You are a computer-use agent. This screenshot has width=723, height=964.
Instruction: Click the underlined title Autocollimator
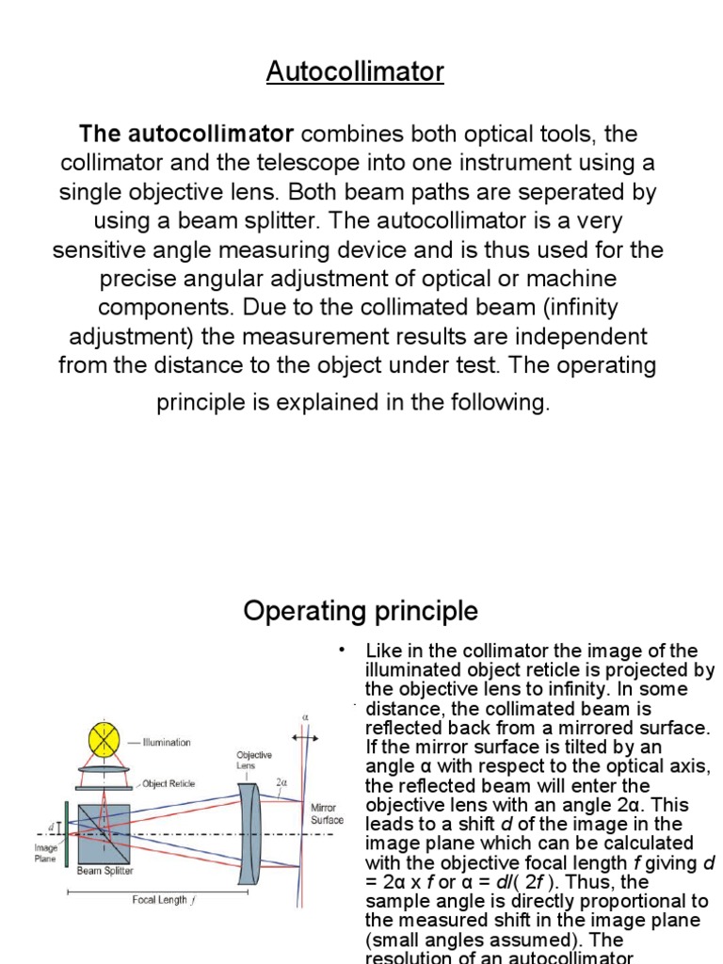pyautogui.click(x=355, y=72)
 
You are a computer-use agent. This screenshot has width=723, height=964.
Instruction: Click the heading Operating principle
pyautogui.click(x=361, y=611)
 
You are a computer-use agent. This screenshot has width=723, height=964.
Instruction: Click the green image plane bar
pyautogui.click(x=67, y=828)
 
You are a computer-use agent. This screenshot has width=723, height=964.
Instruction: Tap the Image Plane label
pyautogui.click(x=46, y=853)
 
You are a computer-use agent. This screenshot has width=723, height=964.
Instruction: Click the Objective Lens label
pyautogui.click(x=254, y=761)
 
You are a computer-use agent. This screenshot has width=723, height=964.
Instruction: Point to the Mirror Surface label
pyautogui.click(x=327, y=814)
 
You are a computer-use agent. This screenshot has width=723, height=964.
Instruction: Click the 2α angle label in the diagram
pyautogui.click(x=281, y=782)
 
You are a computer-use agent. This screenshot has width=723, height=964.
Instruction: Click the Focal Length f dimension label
pyautogui.click(x=163, y=899)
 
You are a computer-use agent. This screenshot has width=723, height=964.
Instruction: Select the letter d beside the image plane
pyautogui.click(x=50, y=827)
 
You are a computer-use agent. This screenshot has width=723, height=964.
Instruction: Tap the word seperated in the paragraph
pyautogui.click(x=560, y=192)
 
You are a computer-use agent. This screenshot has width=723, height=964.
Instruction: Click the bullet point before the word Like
pyautogui.click(x=343, y=650)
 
